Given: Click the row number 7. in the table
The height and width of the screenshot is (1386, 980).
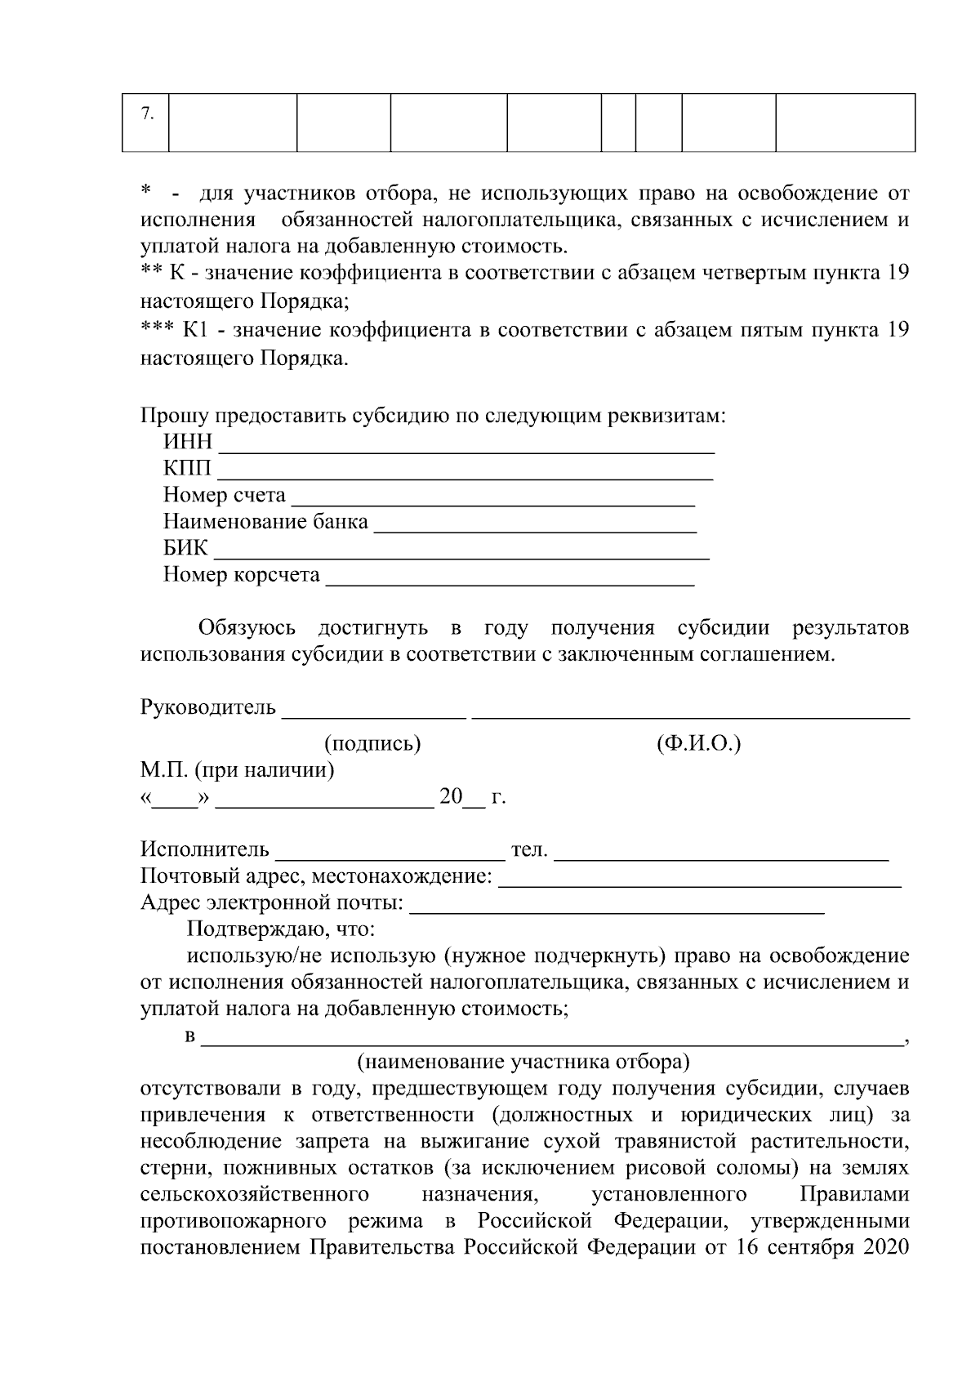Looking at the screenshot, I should click(146, 114).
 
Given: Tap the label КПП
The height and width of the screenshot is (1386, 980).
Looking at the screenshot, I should click(187, 469).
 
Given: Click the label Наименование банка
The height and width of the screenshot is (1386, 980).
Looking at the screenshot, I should click(265, 521).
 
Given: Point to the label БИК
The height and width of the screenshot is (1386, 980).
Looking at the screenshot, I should click(185, 548).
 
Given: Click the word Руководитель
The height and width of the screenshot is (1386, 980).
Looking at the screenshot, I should click(208, 707).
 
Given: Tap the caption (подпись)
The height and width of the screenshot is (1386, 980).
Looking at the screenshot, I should click(373, 744).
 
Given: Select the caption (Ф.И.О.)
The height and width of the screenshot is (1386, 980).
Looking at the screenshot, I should click(698, 744).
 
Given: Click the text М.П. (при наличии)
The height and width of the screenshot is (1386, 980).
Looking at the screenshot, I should click(238, 770).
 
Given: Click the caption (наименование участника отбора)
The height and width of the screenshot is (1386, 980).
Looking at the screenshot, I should click(523, 1063).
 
